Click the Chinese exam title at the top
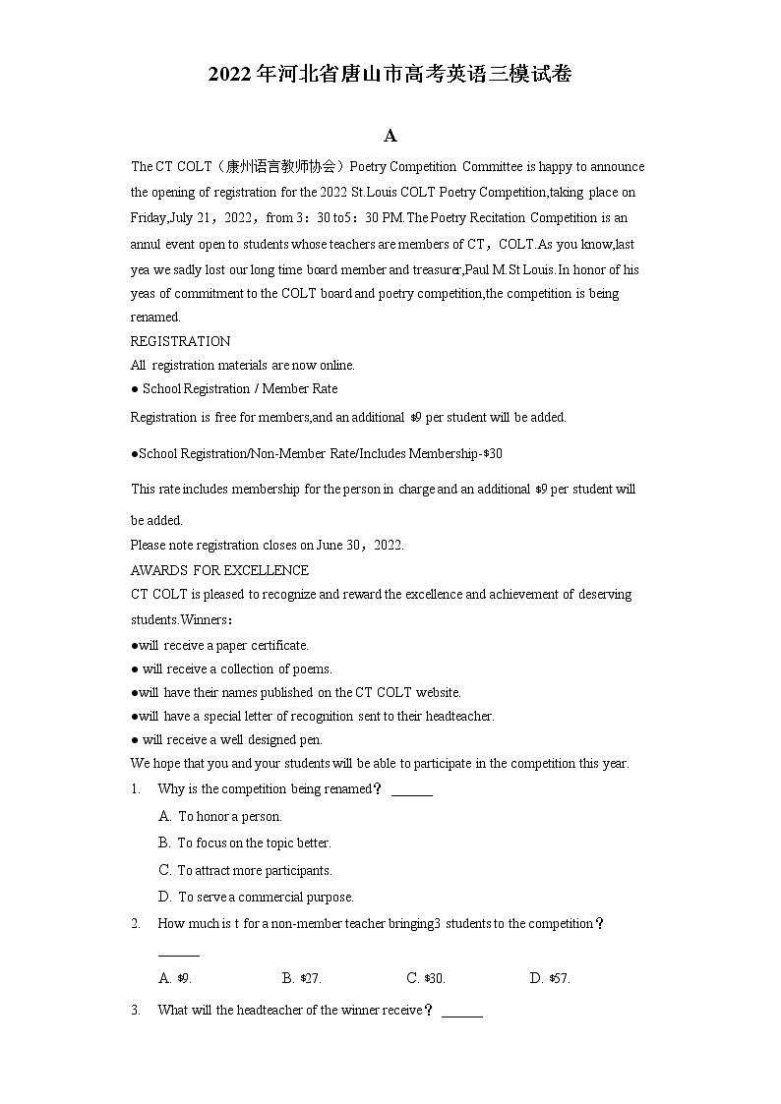click(390, 75)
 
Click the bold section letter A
click(390, 136)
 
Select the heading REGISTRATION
click(180, 341)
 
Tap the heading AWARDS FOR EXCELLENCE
click(219, 570)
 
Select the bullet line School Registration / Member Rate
click(234, 389)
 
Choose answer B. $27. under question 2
click(302, 978)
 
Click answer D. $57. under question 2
click(550, 978)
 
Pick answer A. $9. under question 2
click(175, 978)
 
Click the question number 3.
click(136, 1010)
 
